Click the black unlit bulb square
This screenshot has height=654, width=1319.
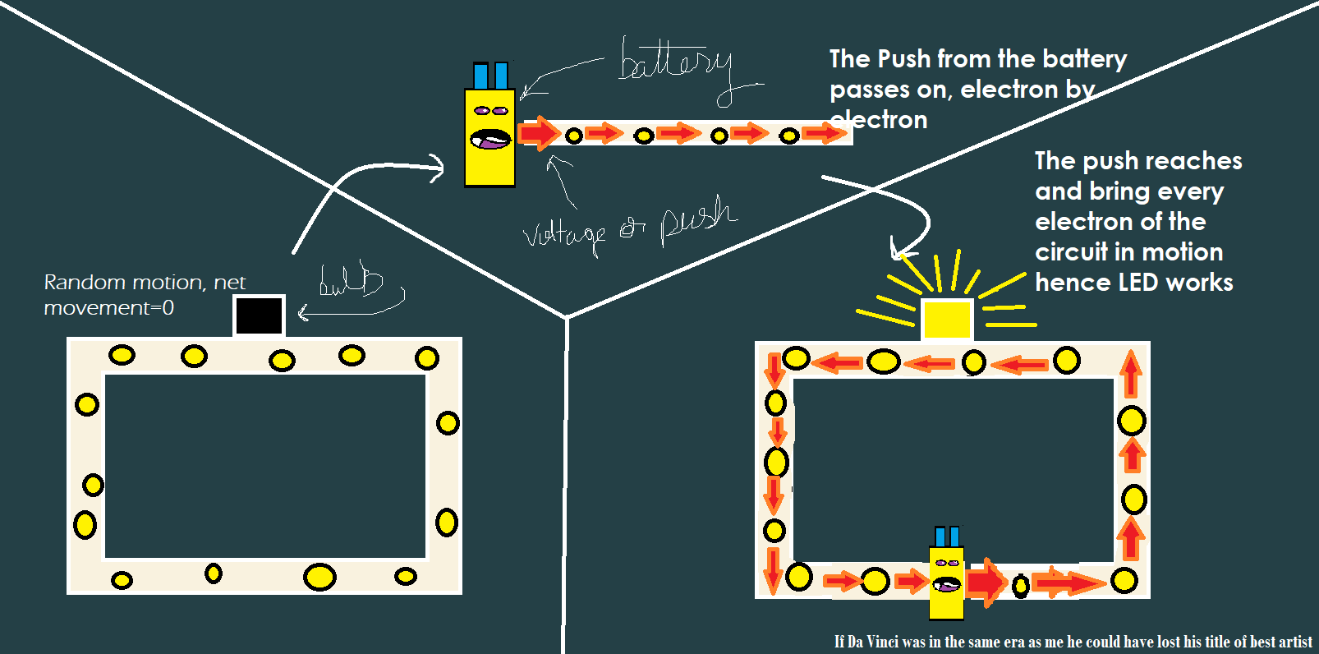pyautogui.click(x=259, y=315)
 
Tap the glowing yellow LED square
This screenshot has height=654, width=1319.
pyautogui.click(x=947, y=320)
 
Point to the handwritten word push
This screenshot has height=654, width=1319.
pyautogui.click(x=698, y=219)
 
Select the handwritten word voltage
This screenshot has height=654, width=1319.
pyautogui.click(x=564, y=235)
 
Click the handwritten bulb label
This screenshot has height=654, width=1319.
pyautogui.click(x=351, y=281)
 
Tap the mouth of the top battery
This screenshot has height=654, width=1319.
pyautogui.click(x=490, y=140)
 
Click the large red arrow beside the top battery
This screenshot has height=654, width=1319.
pyautogui.click(x=539, y=132)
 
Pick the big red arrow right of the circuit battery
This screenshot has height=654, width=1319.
pyautogui.click(x=986, y=583)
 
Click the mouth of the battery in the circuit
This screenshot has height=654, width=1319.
pyautogui.click(x=946, y=585)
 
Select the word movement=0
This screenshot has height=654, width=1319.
pyautogui.click(x=108, y=308)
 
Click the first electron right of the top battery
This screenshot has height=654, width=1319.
pyautogui.click(x=574, y=136)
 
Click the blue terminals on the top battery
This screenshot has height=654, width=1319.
pyautogui.click(x=490, y=76)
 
